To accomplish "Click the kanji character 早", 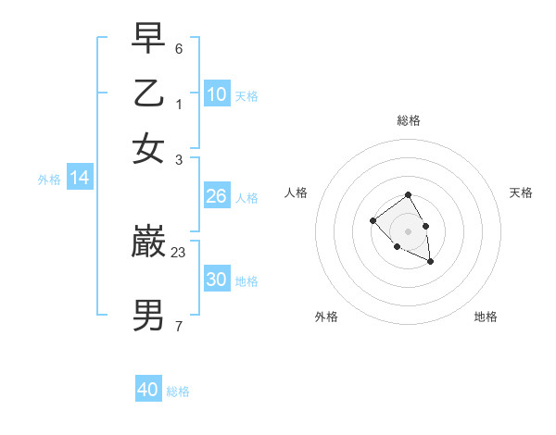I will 148,39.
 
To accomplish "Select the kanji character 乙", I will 148,93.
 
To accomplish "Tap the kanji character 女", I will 148,148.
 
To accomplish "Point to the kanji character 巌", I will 148,243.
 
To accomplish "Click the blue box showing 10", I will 217,94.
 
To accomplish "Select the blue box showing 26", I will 217,196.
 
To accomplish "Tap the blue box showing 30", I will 217,280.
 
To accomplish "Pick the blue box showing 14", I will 80,179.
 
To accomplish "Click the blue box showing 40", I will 148,390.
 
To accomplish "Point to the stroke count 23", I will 179,251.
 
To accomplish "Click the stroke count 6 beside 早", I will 179,47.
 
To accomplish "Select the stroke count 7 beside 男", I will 179,325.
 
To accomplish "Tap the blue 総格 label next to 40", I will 178,391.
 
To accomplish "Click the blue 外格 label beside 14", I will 49,180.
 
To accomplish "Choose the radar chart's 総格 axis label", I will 408,120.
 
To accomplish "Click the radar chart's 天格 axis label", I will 521,193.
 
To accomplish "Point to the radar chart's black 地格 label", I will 486,317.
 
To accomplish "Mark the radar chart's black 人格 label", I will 296,193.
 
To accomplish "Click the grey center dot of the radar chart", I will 408,230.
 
